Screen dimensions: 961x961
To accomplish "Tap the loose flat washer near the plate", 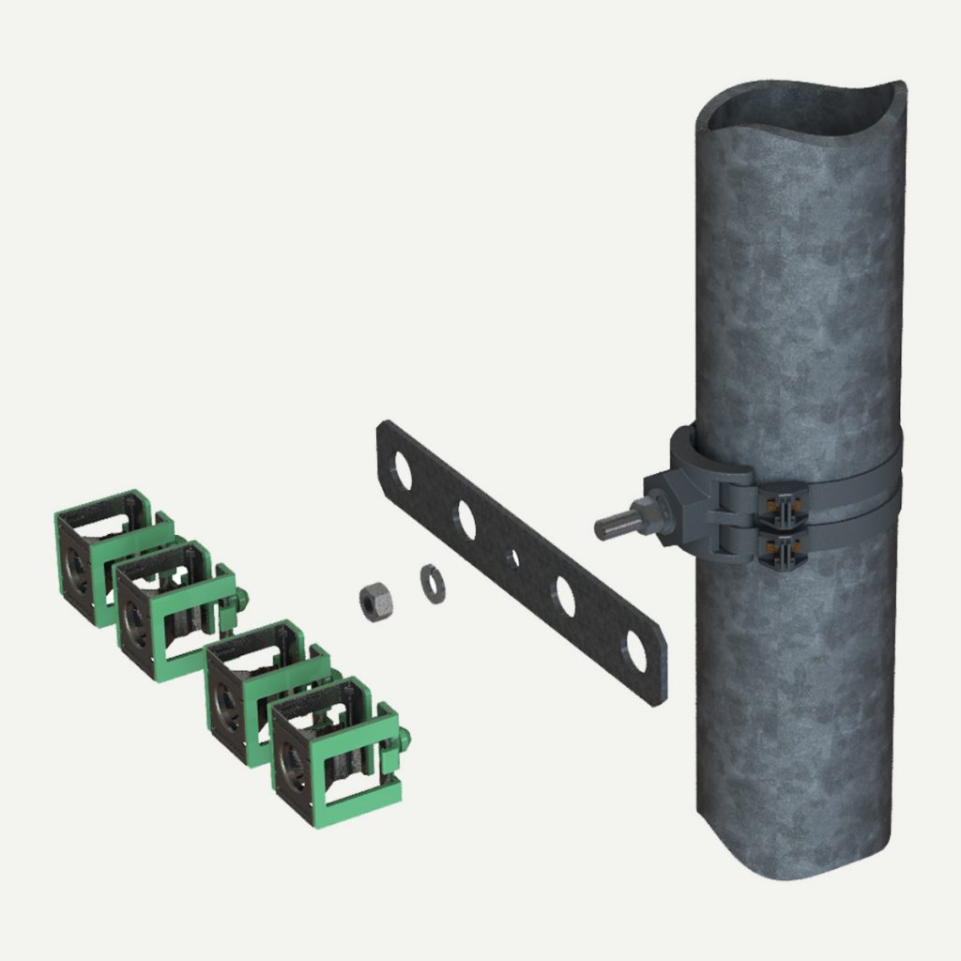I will click(x=431, y=579).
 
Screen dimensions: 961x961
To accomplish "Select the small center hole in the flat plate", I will click(x=512, y=558).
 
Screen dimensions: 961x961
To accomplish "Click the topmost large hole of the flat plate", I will click(x=401, y=470).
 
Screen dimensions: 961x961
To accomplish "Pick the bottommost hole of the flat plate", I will click(x=637, y=651).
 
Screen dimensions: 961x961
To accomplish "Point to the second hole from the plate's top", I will click(x=465, y=520).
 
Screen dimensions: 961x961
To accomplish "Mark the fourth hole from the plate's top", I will click(x=566, y=596).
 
